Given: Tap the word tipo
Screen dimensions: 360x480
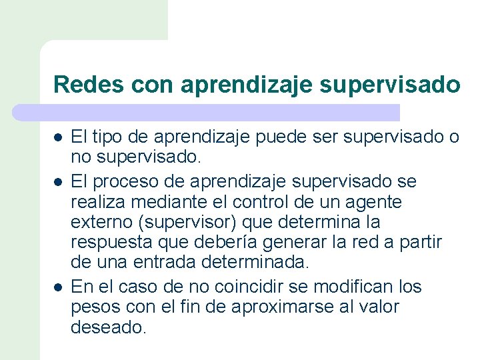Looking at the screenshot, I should [x=111, y=137].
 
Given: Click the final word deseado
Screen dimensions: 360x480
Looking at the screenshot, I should [x=108, y=327].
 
